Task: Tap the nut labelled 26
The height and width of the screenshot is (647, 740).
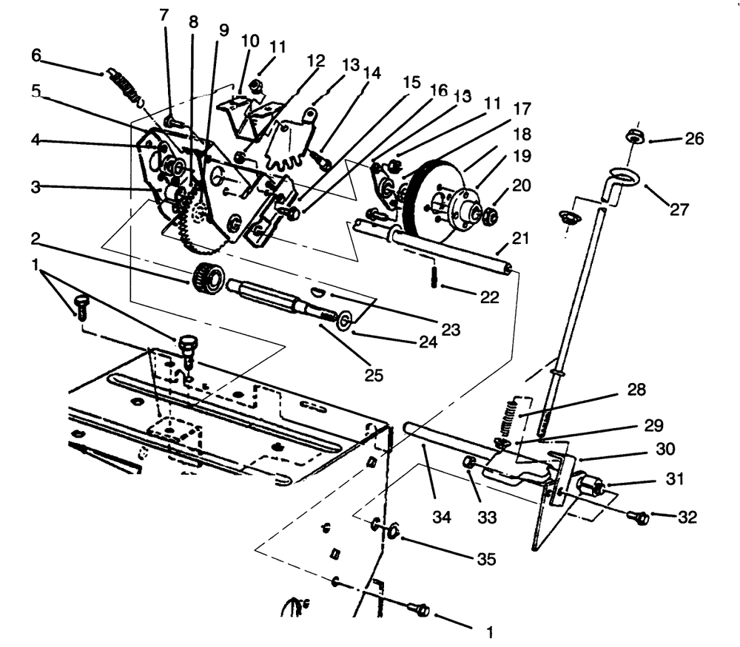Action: pos(635,135)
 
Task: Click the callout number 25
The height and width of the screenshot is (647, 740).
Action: pos(374,375)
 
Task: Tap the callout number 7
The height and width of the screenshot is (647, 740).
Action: pos(164,14)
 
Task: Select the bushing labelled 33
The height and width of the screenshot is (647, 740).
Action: pos(469,463)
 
